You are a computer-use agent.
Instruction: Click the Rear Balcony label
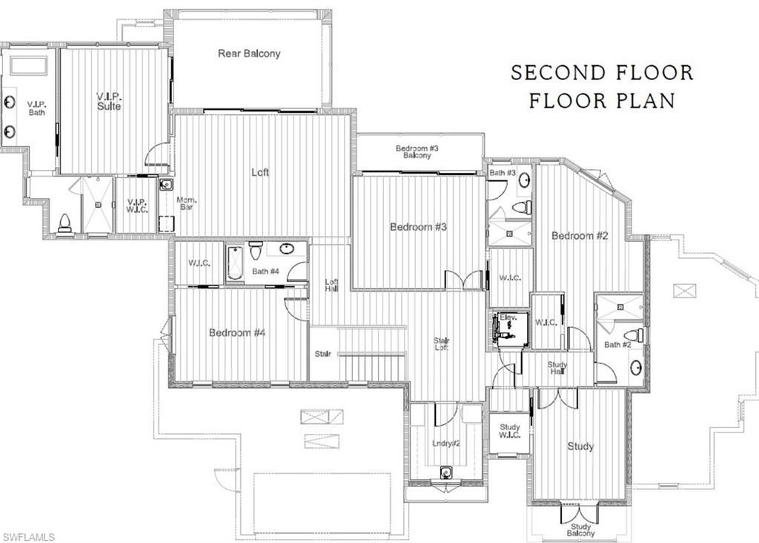[x=249, y=53]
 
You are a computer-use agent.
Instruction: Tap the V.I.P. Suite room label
[x=109, y=101]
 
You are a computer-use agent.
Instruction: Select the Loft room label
[x=260, y=172]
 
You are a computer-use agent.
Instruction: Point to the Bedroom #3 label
[x=418, y=227]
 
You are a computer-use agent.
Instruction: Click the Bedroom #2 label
[x=580, y=236]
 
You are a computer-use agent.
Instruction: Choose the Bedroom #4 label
[x=237, y=333]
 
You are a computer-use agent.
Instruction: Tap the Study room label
[x=580, y=447]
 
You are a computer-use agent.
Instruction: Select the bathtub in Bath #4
[x=236, y=263]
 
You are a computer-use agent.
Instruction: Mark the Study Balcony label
[x=580, y=529]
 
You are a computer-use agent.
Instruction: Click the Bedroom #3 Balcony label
[x=417, y=151]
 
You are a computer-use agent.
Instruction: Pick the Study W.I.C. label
[x=509, y=431]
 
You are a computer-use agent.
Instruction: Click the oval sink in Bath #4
[x=286, y=249]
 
